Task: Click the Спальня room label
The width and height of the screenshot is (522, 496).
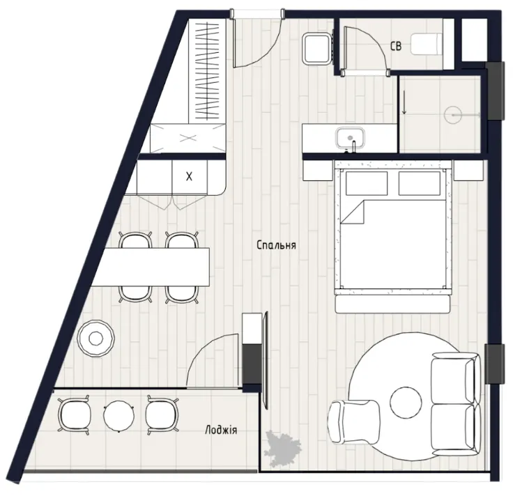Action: pos(276,245)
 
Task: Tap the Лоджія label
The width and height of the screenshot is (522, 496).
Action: pos(221,430)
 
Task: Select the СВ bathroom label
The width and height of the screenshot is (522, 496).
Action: pos(396,46)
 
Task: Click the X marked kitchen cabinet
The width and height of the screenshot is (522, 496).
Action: pos(190,177)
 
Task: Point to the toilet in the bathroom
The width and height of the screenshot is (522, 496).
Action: pos(427,45)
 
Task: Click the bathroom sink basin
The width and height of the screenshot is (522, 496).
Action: pos(351,138)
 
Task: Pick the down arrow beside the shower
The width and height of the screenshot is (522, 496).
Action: pos(404,102)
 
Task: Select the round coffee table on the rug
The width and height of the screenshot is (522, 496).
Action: pos(406,403)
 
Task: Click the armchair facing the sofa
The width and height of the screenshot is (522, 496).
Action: pos(353,422)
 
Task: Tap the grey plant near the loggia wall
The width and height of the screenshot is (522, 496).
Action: pos(283,447)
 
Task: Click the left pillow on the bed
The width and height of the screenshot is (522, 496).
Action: pos(367,183)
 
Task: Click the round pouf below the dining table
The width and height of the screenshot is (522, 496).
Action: pos(95,339)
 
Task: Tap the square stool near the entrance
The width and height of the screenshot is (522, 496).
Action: pos(316,48)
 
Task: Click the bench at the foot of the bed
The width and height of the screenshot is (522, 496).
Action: pos(393,304)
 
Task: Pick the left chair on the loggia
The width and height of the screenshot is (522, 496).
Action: pos(75,415)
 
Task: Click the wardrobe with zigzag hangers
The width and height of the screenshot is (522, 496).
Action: pos(208,70)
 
